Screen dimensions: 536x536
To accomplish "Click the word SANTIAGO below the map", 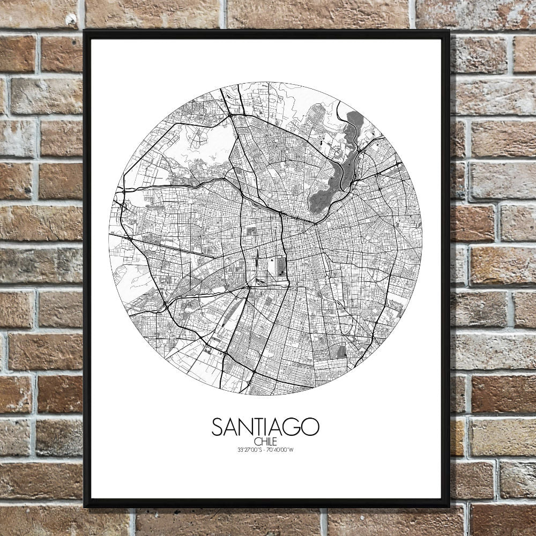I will (x=265, y=427).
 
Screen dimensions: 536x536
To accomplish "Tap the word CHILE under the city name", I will (x=265, y=442).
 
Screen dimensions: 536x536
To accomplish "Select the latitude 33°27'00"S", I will (x=249, y=449).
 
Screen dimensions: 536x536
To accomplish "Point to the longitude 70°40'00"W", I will (x=282, y=449).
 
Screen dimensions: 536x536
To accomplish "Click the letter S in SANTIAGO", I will (x=217, y=427).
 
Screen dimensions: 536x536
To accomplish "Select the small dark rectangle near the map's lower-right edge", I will (x=343, y=351).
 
